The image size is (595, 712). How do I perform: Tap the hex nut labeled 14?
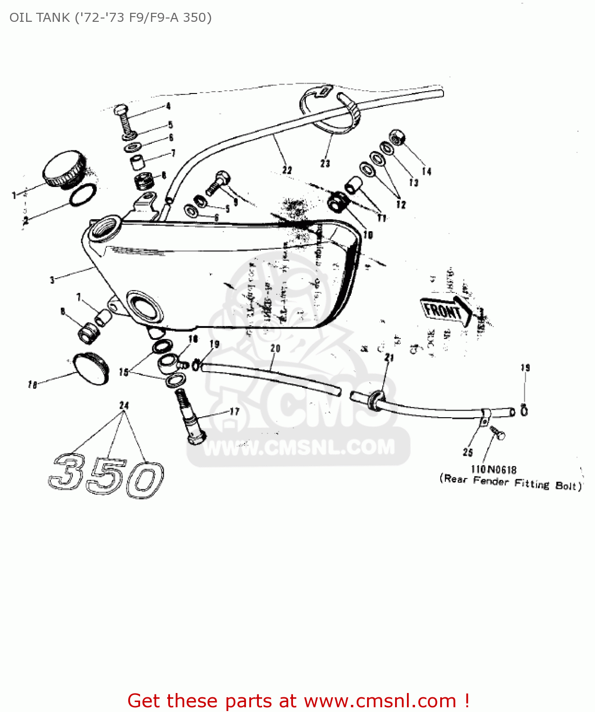397,138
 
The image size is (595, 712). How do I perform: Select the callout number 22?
287,170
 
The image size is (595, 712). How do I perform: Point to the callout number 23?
325,163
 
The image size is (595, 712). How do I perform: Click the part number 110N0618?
493,469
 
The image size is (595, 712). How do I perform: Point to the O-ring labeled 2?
83,195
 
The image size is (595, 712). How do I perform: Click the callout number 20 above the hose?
275,348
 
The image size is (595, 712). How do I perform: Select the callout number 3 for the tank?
52,280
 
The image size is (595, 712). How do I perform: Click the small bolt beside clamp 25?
498,433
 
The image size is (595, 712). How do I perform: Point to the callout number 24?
124,405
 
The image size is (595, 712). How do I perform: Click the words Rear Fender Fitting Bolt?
510,483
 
